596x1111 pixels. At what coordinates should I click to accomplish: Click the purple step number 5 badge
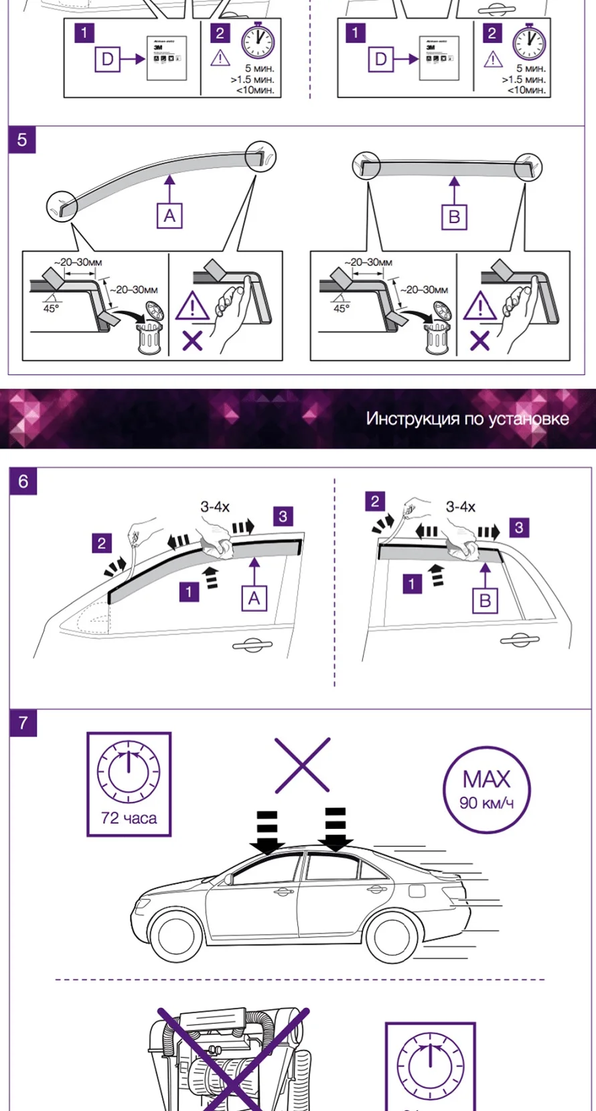coord(22,140)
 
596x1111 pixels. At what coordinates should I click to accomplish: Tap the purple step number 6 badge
coord(23,481)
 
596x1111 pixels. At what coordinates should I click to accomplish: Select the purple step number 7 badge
coord(23,722)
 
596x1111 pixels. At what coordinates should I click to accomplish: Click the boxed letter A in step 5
coord(169,216)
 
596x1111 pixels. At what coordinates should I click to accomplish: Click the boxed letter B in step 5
coord(454,216)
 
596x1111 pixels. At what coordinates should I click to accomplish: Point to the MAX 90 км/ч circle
coord(487,789)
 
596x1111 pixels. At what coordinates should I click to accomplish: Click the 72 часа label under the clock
coord(129,818)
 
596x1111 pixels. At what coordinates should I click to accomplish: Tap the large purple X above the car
coord(303,765)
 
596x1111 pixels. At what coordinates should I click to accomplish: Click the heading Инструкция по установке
coord(467,419)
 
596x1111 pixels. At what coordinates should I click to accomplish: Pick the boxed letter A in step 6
coord(254,598)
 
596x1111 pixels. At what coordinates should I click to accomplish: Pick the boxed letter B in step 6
coord(485,600)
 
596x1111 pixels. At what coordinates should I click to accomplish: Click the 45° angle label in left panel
coord(51,308)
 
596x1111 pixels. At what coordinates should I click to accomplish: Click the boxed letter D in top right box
coord(380,59)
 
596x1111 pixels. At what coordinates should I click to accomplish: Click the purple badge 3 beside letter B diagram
coord(519,527)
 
